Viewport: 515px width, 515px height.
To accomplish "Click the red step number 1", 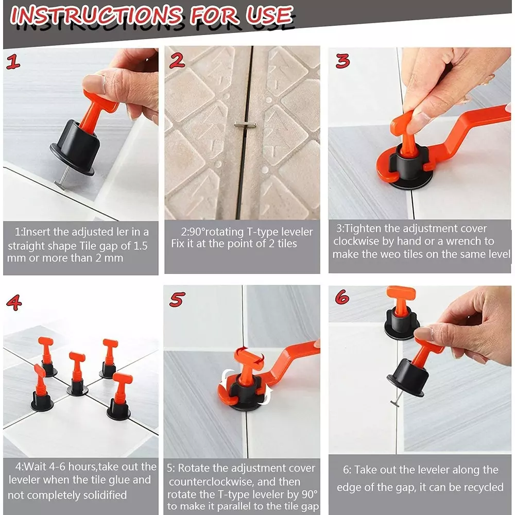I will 14,63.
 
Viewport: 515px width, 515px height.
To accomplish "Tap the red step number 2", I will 177,61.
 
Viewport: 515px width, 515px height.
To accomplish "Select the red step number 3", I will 342,61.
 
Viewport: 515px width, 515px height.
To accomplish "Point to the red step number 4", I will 13,302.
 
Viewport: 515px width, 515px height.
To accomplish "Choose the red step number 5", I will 177,300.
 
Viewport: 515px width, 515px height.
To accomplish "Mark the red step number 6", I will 342,297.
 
